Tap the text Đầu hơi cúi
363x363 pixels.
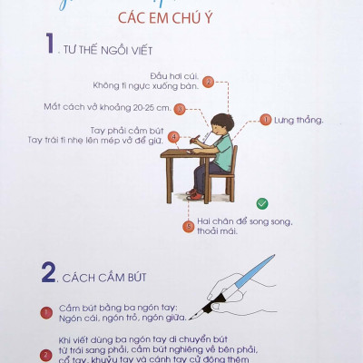tap(172, 76)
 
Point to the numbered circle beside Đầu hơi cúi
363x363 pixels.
tap(208, 82)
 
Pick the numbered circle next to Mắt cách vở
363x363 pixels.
tap(180, 109)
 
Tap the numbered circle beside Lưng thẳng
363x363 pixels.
tap(266, 119)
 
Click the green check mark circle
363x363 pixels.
tap(261, 203)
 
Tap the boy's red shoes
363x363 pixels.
tap(194, 193)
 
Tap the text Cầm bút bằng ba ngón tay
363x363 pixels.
tap(108, 309)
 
